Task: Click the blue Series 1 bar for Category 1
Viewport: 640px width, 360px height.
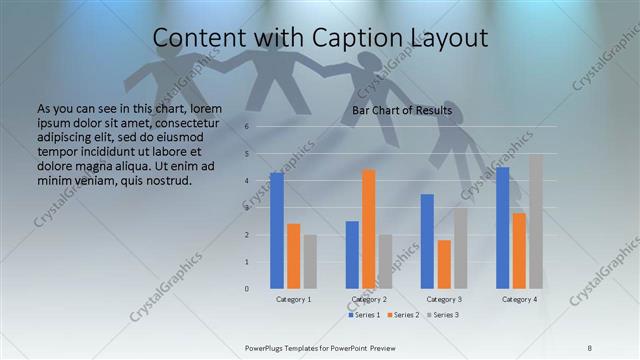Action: [277, 230]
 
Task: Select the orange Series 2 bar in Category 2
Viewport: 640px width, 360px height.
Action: [369, 229]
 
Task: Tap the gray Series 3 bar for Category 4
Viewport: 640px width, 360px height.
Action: [536, 221]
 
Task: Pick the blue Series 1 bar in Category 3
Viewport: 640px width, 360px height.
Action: [427, 241]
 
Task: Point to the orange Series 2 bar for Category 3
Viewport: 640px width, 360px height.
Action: [444, 264]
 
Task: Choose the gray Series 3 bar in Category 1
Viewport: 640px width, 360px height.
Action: [310, 261]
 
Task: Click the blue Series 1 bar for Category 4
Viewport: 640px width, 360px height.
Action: [502, 227]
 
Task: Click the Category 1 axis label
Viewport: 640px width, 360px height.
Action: [294, 299]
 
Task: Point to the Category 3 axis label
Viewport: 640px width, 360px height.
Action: [444, 299]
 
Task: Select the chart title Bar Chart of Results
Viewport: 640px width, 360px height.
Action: [402, 110]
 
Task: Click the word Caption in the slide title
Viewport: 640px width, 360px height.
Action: [341, 39]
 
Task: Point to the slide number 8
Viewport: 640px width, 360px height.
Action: [589, 347]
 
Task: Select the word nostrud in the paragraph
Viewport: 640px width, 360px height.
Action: [166, 181]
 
